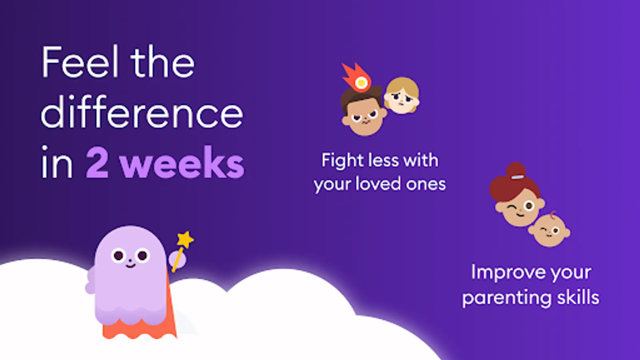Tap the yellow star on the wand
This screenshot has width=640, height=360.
click(185, 240)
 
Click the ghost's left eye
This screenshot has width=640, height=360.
click(118, 255)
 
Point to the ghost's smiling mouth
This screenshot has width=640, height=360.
click(130, 266)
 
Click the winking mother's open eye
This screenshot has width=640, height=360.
click(529, 206)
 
